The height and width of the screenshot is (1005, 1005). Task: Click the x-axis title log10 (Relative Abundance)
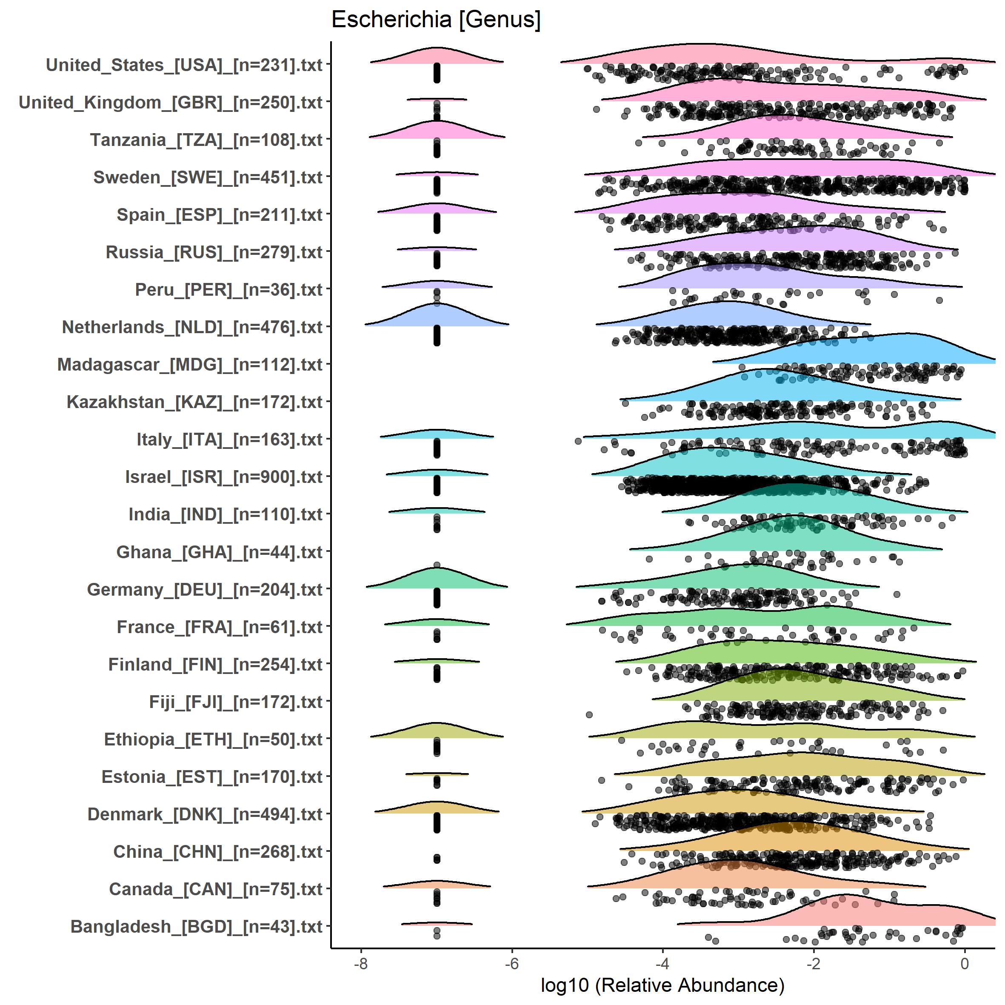point(662,985)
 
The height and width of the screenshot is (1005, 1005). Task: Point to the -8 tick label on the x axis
point(360,963)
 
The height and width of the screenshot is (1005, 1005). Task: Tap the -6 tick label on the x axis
point(511,963)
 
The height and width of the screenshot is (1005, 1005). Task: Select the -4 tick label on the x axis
point(662,963)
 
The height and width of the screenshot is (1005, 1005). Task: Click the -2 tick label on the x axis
point(813,963)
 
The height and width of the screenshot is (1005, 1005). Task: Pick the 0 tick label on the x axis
point(965,963)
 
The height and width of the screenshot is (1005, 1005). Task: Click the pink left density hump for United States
point(437,57)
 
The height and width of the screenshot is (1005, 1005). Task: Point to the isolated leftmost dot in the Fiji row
point(589,715)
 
